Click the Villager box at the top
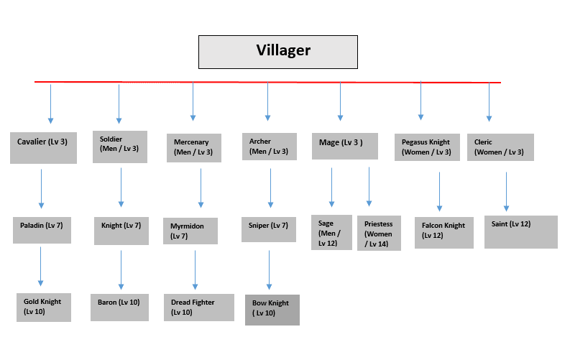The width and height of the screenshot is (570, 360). [x=277, y=52]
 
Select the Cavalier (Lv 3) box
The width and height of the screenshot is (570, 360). [x=43, y=147]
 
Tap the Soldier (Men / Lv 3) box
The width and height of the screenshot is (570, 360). [x=120, y=147]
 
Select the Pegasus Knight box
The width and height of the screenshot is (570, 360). [x=427, y=147]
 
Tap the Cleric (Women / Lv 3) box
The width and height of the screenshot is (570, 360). [x=500, y=147]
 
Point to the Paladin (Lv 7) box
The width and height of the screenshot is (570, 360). [x=42, y=229]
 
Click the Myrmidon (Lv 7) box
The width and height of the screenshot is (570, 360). [x=190, y=231]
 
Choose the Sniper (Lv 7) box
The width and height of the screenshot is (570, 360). [x=268, y=229]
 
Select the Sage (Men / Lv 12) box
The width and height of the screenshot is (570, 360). [x=331, y=232]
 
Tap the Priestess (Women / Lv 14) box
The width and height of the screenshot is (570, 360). [x=379, y=233]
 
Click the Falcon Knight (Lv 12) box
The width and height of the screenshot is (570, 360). [x=443, y=231]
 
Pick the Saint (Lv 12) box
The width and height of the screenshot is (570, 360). [x=520, y=230]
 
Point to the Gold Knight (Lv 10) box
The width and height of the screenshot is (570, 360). [x=43, y=307]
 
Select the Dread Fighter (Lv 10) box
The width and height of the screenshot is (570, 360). [x=198, y=307]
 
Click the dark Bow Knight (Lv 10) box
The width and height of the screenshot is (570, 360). [x=272, y=310]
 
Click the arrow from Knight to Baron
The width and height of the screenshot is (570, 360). [x=121, y=270]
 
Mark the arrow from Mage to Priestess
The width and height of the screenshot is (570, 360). [x=369, y=187]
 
